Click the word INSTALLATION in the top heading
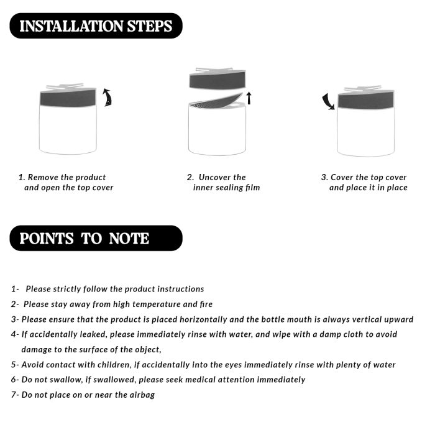point(71,26)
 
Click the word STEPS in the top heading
point(150,26)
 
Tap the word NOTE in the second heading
point(129,239)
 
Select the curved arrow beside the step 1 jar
point(108,97)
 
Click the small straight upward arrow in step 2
point(249,98)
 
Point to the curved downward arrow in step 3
point(328,101)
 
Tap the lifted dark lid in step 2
point(217,80)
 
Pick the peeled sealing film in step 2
point(216,101)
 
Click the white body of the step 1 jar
point(68,129)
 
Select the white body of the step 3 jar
point(365,132)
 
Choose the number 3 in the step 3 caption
point(324,177)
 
